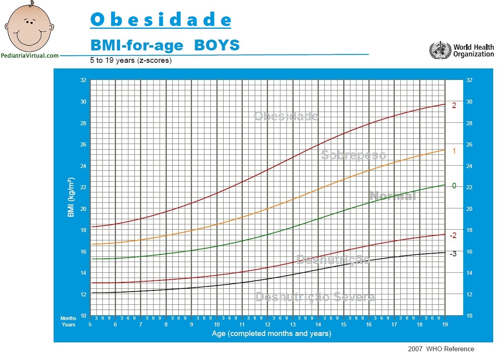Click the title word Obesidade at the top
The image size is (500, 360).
pos(160,20)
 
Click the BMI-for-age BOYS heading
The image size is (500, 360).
pos(165,45)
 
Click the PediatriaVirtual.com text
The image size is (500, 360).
pos(30,56)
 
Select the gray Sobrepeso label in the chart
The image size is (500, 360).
pos(354,155)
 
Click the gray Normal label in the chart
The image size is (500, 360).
pos(392,196)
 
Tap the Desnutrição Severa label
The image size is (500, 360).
pos(315,297)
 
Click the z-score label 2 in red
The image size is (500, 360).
pos(454,106)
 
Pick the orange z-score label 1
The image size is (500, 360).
pos(454,151)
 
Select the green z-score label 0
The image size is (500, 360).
pos(454,186)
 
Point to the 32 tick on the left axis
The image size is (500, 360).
pos(83,80)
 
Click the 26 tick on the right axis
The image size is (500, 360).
pos(469,144)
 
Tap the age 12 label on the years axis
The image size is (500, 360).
pos(267,324)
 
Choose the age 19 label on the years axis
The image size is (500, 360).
pos(444,324)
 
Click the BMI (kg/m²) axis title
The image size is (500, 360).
pos(71,198)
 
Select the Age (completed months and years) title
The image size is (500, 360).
pos(271,333)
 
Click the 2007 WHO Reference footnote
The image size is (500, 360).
pos(441,349)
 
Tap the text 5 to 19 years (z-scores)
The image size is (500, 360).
pos(131,61)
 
